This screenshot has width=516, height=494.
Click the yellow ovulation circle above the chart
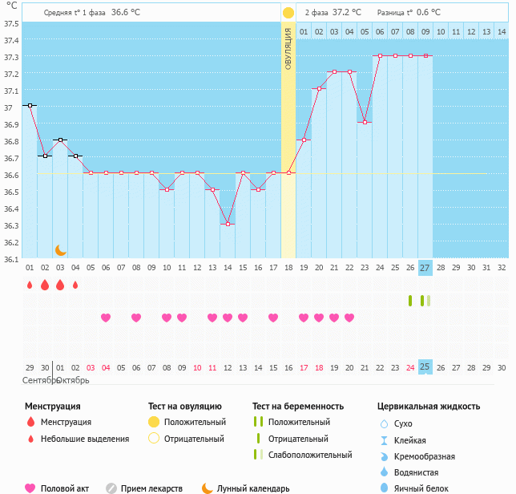coord(288,13)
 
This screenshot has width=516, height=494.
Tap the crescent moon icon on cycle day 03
coord(60,250)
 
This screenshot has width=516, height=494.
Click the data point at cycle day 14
coord(228,224)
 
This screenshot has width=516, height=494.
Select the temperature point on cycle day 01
coord(30,105)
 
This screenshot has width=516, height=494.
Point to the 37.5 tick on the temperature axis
coord(11,23)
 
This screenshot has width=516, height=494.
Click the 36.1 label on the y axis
coord(11,259)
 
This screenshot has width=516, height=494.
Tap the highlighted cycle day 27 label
coord(425,268)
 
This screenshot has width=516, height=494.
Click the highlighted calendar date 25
coord(425,367)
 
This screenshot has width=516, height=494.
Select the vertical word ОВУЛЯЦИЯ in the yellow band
coord(288,48)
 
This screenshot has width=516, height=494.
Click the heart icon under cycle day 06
coord(106,318)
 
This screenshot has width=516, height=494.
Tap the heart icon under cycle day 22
coord(349,318)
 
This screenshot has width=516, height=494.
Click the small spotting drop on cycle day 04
coord(75,285)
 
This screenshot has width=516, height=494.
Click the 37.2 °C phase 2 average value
coord(347,13)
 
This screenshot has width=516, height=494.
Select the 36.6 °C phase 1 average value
coord(125,13)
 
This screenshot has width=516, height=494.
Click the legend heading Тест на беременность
coord(298,407)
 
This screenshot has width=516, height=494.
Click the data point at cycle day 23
coord(365,122)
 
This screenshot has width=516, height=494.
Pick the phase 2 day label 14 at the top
coord(502,31)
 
